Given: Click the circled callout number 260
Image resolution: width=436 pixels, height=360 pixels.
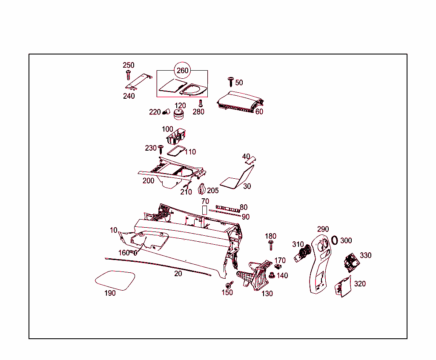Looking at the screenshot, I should pos(182,71).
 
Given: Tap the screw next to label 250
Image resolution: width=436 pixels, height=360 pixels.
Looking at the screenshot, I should pos(127,75).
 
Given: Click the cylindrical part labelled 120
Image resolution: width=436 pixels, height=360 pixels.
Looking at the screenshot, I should pos(179,115).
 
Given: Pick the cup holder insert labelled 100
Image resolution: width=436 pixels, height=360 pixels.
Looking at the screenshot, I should pos(177,137).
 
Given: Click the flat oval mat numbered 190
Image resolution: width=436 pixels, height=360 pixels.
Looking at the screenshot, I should pos(115,280).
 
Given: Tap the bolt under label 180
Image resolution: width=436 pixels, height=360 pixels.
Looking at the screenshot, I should pos(270,245).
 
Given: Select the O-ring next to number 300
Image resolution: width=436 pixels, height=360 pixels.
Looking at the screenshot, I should pos(335,240).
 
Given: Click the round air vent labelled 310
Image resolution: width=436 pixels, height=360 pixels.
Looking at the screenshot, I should pos(301,254).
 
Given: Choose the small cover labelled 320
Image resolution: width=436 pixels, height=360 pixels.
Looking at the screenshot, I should pos(343,286).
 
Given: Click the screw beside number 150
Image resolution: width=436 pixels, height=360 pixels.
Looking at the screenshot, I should pos(229,284).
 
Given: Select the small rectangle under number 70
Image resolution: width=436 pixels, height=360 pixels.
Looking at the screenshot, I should pos(204,209).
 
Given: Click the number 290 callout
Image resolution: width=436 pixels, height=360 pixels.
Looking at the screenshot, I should pos(323,229).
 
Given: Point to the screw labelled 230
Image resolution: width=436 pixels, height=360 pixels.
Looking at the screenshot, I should pos(161,149).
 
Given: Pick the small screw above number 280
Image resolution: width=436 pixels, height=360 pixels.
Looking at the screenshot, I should pos(201,103).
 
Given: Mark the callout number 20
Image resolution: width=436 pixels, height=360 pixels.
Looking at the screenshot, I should pos(178,274).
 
